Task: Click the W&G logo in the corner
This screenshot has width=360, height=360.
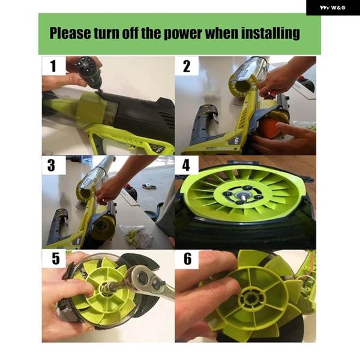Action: (332, 8)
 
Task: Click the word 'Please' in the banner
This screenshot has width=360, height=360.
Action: (70, 33)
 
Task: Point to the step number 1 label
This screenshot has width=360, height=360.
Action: (53, 66)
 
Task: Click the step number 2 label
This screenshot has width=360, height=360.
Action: (187, 66)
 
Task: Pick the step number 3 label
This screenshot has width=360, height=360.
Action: (51, 166)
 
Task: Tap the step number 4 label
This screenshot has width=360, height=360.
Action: (186, 166)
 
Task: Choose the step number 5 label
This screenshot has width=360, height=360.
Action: (56, 259)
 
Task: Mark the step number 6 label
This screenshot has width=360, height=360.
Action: (188, 259)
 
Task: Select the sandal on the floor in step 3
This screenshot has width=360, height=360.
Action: (149, 186)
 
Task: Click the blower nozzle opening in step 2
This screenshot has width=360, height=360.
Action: (242, 86)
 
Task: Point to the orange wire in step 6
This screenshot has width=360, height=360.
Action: (312, 264)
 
